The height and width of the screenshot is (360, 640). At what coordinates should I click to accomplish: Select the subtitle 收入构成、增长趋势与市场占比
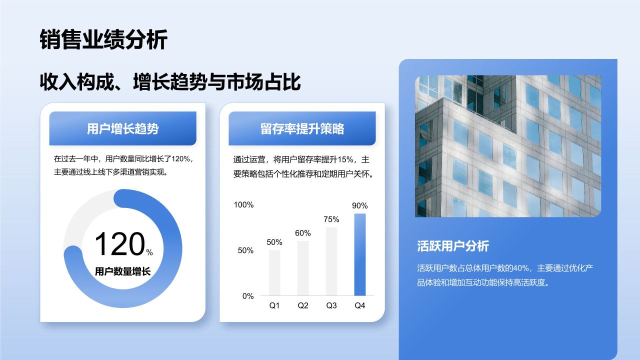[x=170, y=81]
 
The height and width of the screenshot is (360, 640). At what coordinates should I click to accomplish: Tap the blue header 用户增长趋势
[x=122, y=128]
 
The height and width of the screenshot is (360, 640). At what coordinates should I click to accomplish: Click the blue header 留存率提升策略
[x=302, y=128]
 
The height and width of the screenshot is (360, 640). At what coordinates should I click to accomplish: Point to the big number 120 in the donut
[x=119, y=244]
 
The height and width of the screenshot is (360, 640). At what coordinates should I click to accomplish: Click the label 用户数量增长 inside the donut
[x=122, y=271]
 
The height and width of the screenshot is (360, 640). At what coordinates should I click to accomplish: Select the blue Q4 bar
[x=360, y=254]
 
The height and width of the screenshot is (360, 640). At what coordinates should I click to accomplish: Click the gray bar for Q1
[x=274, y=272]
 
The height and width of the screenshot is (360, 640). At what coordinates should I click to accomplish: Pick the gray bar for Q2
[x=303, y=268]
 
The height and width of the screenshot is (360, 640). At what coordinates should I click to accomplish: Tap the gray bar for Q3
[x=331, y=261]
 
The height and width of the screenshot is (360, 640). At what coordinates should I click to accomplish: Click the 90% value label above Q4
[x=360, y=205]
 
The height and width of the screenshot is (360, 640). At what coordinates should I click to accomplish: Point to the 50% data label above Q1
[x=274, y=242]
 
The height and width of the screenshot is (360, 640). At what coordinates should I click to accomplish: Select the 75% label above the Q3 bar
[x=331, y=219]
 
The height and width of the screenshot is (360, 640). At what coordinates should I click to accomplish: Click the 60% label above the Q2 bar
[x=303, y=233]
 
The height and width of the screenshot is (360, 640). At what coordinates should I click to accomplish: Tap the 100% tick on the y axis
[x=244, y=204]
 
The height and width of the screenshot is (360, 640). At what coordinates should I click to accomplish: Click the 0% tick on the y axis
[x=248, y=296]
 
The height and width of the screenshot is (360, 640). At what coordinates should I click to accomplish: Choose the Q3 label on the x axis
[x=331, y=305]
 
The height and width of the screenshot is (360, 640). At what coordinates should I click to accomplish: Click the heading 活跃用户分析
[x=453, y=245]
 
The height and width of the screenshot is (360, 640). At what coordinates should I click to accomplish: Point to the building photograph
[x=508, y=146]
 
